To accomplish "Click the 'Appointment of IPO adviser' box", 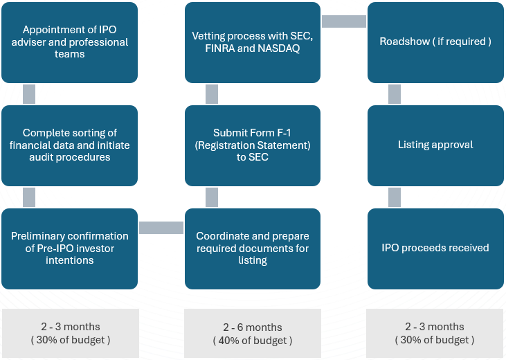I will coord(69,42).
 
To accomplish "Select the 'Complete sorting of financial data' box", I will coord(69,145).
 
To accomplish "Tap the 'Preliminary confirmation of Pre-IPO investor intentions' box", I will coord(69,249).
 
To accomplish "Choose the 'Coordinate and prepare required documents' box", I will coord(253,249).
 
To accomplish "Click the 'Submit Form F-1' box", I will coord(253,145).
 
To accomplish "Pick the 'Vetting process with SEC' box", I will coord(253,42).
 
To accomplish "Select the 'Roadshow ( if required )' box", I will coord(435,42).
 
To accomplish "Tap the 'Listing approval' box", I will coord(435,145).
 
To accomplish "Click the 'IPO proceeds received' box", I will coord(435,249).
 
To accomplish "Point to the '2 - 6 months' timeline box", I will coord(253,333).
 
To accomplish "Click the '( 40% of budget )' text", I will coord(253,341).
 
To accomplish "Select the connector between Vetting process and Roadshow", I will coord(344,21).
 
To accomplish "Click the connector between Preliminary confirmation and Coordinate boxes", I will coord(161,228).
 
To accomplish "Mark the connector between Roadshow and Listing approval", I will coord(395,94).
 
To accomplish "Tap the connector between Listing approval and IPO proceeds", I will coord(395,197).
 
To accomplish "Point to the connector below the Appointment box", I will coord(29,94).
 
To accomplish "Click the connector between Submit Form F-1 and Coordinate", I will coord(212,197).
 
